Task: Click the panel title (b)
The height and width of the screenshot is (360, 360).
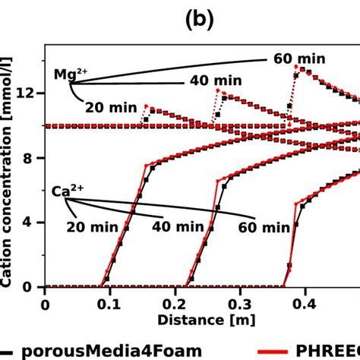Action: (x=200, y=16)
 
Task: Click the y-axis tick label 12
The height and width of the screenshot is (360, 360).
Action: (x=30, y=93)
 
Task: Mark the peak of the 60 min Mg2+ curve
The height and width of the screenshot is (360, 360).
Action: (x=296, y=66)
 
